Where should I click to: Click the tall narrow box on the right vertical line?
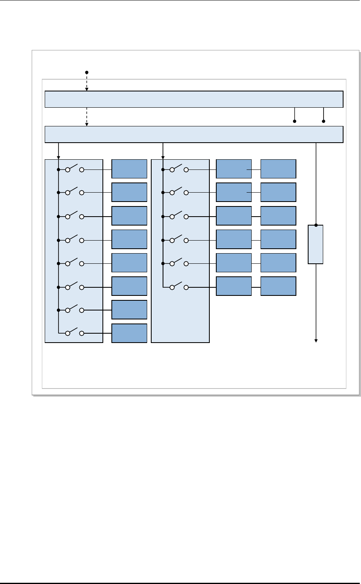point(316,244)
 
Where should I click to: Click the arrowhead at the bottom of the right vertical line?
point(316,340)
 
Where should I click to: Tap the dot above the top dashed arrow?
point(87,72)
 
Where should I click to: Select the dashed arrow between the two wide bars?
point(87,117)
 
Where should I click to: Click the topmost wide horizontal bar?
point(194,99)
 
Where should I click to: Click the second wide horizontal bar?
point(194,135)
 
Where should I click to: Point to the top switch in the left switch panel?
point(74,168)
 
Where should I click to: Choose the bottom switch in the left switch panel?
point(74,332)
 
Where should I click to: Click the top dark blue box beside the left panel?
point(129,169)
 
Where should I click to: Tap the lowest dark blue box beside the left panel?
point(129,333)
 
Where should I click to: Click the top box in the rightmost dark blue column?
point(278,169)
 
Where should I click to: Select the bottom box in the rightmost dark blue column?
point(278,286)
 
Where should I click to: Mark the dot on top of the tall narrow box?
point(316,225)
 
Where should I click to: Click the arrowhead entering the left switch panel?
point(59,158)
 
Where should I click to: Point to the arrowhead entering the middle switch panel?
point(163,158)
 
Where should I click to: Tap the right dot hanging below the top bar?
point(324,121)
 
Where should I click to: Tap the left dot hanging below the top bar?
point(294,121)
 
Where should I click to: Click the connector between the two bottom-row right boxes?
point(256,287)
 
